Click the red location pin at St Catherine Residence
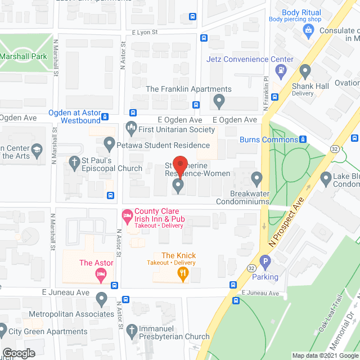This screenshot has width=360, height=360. [179, 165]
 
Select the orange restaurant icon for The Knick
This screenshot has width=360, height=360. [182, 274]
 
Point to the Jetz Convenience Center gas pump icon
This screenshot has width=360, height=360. [280, 70]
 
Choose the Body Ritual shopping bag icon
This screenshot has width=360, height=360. [308, 29]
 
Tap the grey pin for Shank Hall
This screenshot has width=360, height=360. [305, 71]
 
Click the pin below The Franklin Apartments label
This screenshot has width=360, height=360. [219, 101]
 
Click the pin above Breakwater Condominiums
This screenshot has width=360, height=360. [257, 179]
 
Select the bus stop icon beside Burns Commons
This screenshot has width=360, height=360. [303, 139]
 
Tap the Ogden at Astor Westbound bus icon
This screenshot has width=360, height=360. [105, 118]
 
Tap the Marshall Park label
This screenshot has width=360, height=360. [23, 57]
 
